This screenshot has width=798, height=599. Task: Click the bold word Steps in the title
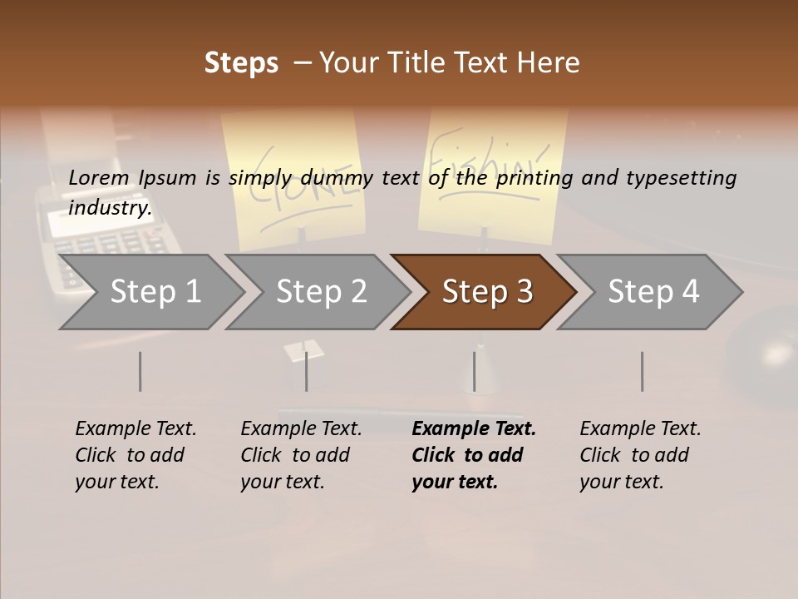(x=241, y=63)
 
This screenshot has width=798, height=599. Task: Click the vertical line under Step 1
(x=140, y=371)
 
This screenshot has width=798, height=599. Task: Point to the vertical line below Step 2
(x=306, y=371)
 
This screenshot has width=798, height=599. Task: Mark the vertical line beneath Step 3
(x=474, y=371)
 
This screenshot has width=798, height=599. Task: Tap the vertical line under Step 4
(x=642, y=371)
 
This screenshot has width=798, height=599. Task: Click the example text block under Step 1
(x=135, y=455)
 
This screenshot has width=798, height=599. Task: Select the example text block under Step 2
(x=300, y=455)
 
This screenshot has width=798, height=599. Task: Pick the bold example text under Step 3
(x=473, y=455)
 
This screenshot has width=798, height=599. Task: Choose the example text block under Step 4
(x=639, y=455)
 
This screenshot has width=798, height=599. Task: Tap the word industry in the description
(x=110, y=208)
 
